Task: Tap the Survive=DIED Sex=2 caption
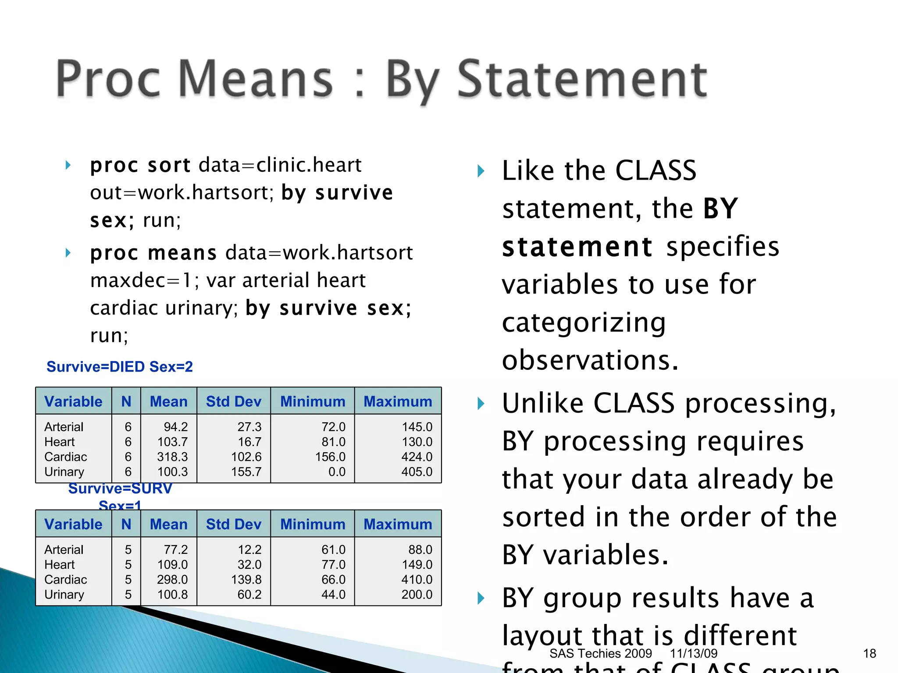point(120,367)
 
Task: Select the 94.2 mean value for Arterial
point(175,427)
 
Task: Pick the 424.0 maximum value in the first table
point(417,457)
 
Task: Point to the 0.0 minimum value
point(337,471)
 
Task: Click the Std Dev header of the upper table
point(233,401)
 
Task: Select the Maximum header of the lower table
point(398,524)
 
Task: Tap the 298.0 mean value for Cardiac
point(172,579)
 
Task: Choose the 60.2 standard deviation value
point(249,594)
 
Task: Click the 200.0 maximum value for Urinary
point(417,594)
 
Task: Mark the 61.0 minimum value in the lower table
point(333,549)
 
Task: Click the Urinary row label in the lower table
point(64,594)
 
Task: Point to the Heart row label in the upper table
point(60,442)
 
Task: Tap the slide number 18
point(869,653)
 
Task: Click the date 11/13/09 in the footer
point(693,653)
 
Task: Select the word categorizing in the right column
point(584,323)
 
